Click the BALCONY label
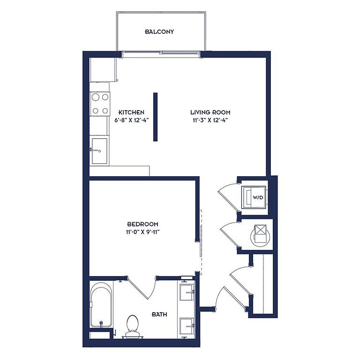(159, 32)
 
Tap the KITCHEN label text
(131, 112)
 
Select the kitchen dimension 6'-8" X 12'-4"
(132, 120)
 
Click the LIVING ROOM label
(210, 112)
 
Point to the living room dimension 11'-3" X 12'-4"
(210, 120)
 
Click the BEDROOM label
(142, 224)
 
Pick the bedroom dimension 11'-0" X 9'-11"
(142, 232)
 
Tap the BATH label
(159, 315)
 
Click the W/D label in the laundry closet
(258, 197)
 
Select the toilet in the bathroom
(133, 326)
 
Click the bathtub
(101, 305)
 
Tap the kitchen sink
(99, 151)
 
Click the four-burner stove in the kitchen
(100, 104)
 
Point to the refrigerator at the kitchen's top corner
(103, 69)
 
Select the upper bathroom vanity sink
(187, 292)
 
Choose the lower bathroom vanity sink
(187, 326)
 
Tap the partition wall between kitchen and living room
(156, 117)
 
